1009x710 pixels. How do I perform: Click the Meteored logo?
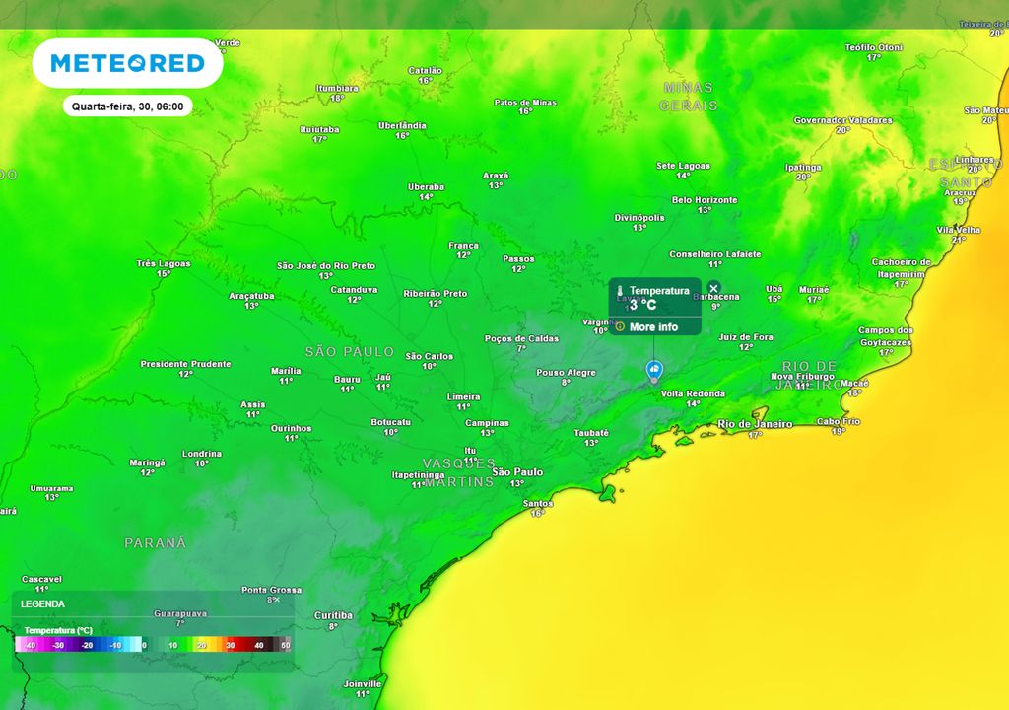(x=127, y=64)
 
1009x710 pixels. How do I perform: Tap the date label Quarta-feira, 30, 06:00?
(x=127, y=106)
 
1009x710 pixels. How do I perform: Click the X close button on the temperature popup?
(x=714, y=288)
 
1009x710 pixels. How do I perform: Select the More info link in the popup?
(x=653, y=327)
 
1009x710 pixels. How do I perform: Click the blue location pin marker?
(x=653, y=370)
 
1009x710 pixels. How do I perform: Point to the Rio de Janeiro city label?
(x=755, y=424)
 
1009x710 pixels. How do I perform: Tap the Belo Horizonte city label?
(x=704, y=200)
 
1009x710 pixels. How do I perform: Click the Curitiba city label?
(x=333, y=615)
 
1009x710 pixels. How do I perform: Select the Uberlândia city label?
(x=402, y=126)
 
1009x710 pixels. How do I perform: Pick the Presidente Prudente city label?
(x=185, y=364)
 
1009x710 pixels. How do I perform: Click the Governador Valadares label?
(x=842, y=120)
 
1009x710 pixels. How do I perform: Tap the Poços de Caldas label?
(x=521, y=338)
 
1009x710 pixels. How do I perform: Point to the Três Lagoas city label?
(x=164, y=263)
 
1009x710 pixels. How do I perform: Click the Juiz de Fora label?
(x=745, y=337)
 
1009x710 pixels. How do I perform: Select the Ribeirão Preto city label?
(x=435, y=293)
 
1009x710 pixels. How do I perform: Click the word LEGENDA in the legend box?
(x=42, y=603)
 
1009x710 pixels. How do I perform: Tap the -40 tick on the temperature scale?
(x=31, y=645)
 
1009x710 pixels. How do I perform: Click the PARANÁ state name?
(x=155, y=543)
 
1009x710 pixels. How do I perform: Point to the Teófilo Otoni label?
(x=873, y=47)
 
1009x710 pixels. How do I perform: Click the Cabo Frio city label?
(x=838, y=421)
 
